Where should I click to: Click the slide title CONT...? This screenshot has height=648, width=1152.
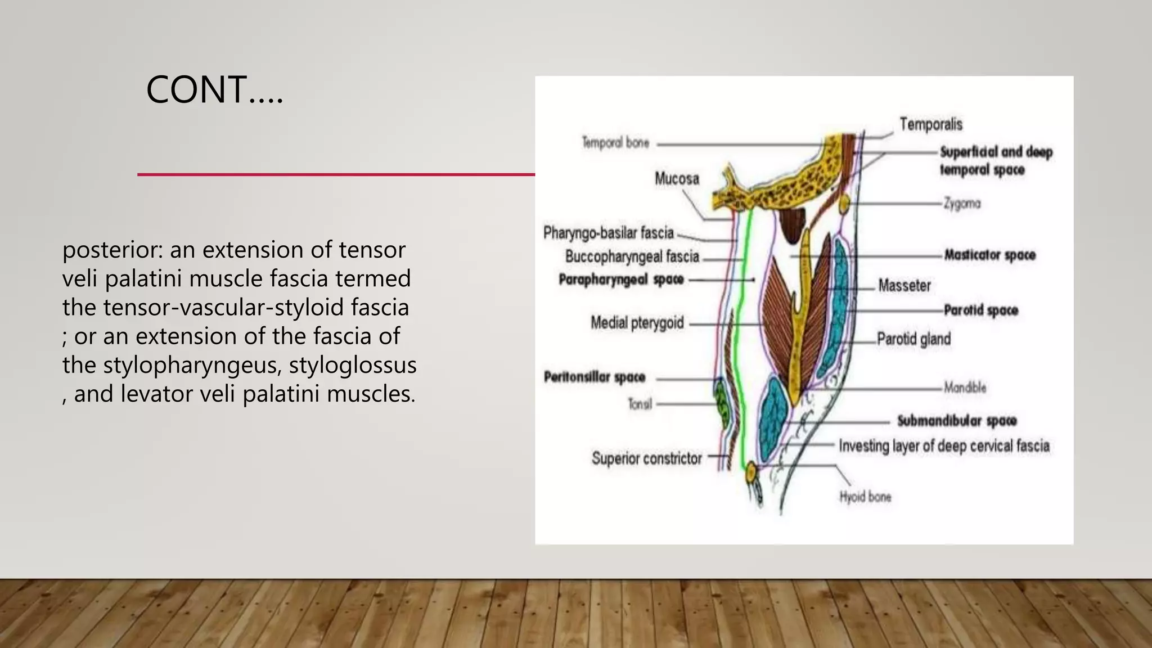tap(214, 90)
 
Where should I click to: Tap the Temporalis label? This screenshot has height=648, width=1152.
tap(930, 124)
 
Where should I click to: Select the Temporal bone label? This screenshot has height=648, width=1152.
tap(615, 143)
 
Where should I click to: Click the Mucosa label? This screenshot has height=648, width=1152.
tap(677, 179)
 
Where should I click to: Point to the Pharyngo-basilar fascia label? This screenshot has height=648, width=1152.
tap(608, 233)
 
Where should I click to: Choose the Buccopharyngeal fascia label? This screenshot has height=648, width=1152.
tap(632, 257)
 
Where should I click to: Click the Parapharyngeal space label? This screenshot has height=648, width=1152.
tap(621, 280)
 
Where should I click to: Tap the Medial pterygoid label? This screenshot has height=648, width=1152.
tap(637, 323)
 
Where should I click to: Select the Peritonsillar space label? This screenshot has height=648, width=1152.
tap(594, 377)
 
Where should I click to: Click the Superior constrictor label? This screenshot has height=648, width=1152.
tap(646, 458)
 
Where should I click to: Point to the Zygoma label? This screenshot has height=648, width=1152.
tap(962, 204)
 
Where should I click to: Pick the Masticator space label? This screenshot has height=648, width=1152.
tap(989, 255)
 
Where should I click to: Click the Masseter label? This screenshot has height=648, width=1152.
tap(904, 286)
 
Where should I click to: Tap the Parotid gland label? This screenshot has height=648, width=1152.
tap(913, 339)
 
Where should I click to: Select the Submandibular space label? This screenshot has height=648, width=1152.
tap(956, 421)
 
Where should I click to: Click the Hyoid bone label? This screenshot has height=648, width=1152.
tap(865, 497)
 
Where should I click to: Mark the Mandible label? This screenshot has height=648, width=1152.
tap(965, 388)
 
